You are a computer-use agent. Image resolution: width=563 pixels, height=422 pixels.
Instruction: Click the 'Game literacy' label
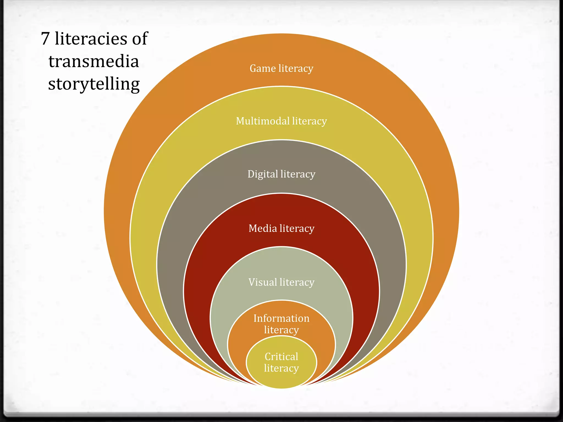(281, 68)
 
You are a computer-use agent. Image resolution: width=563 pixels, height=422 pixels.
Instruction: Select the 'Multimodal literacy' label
(281, 121)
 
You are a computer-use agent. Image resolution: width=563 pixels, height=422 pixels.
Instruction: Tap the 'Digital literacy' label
(281, 174)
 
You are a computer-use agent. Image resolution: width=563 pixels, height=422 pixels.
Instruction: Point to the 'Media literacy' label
(281, 228)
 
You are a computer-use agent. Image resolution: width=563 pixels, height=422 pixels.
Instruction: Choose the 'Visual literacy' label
(281, 282)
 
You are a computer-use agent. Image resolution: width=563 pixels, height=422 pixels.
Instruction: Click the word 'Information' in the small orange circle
(281, 318)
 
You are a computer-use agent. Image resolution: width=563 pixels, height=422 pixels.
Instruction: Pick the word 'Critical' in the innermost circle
(281, 357)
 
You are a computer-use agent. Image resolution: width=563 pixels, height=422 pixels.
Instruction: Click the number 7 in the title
(46, 38)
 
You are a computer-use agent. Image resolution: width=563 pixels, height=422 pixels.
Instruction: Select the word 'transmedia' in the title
(93, 61)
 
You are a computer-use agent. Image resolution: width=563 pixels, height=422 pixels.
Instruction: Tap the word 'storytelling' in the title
(94, 84)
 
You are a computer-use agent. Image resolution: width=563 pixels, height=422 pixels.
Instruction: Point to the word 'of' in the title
(140, 38)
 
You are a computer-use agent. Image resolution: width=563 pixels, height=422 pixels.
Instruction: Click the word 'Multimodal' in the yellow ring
(263, 121)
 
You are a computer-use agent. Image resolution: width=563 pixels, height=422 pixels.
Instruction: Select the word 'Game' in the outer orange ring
(263, 68)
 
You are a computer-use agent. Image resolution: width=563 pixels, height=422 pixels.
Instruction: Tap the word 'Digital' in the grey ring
(263, 174)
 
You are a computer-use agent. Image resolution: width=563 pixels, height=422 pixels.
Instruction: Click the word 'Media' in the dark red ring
(263, 228)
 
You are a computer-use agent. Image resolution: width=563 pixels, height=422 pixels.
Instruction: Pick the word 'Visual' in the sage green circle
(263, 282)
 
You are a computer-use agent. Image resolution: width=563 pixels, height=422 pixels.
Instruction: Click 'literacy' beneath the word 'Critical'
(281, 368)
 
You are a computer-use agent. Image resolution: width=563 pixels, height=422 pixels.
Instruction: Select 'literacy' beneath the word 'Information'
(281, 330)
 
